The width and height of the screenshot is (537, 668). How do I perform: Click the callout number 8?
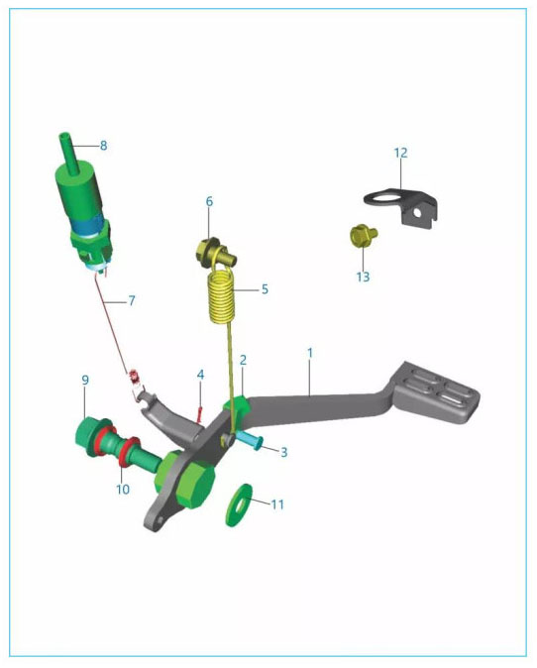point(103,146)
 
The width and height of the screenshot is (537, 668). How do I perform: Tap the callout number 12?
point(400,153)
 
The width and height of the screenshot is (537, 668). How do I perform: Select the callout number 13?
point(363,277)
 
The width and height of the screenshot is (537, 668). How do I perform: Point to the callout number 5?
point(265,289)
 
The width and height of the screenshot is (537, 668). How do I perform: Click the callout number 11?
point(277,504)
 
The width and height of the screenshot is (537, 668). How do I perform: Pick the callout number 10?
point(123,489)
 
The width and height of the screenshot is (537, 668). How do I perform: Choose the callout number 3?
point(284,452)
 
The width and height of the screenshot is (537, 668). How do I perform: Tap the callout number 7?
point(132,300)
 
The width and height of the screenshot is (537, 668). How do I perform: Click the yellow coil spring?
point(221,295)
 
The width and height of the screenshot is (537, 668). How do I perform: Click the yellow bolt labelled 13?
point(363,236)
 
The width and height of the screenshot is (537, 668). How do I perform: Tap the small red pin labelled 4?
point(200,412)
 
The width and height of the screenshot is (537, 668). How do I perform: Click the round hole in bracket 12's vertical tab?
point(418,212)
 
